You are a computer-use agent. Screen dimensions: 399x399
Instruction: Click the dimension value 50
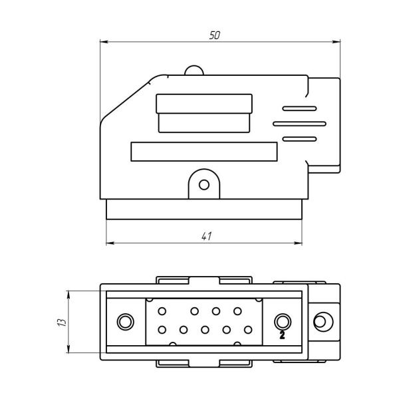coord(215,35)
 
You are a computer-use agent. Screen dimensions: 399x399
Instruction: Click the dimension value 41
coord(206,236)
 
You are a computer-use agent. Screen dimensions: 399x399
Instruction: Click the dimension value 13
coord(62,322)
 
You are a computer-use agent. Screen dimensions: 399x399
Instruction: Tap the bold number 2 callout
coord(282,335)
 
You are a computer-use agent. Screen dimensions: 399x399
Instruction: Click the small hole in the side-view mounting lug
coord(204,185)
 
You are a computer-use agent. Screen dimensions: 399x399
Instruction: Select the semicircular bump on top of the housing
coord(194,70)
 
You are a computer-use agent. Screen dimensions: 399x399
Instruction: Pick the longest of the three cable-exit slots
coord(299,124)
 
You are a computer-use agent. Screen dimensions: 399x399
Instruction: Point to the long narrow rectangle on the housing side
coord(204,152)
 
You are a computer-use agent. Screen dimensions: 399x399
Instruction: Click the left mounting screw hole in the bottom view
coord(125,322)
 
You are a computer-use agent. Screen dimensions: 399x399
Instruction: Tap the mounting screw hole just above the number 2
coord(283,322)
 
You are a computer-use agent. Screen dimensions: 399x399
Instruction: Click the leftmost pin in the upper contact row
coord(162,311)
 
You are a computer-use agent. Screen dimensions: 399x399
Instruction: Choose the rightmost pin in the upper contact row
coord(237,311)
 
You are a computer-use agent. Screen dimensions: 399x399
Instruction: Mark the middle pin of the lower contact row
coord(205,330)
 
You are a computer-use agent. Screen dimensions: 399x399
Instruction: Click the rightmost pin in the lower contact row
coord(248,330)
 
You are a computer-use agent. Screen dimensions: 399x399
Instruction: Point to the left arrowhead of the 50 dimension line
coord(103,41)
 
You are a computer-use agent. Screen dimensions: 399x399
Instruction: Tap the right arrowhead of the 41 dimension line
coord(298,243)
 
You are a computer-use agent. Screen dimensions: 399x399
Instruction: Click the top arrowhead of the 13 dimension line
coord(68,295)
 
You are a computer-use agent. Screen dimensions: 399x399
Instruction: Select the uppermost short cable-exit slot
coord(299,108)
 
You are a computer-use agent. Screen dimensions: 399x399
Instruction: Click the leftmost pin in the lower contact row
coord(162,330)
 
